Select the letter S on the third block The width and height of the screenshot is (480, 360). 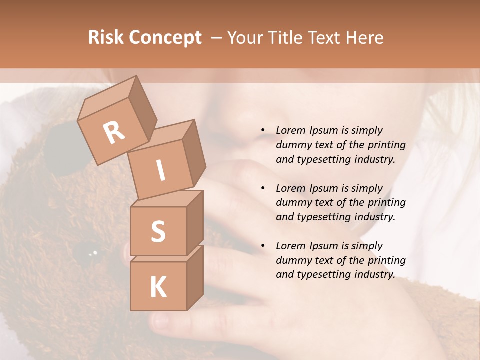[158, 231]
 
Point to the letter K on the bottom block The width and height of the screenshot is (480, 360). [158, 287]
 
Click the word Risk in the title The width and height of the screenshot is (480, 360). [106, 38]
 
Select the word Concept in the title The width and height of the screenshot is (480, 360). [165, 38]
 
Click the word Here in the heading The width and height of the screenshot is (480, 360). [365, 38]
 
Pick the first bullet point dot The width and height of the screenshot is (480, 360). [263, 130]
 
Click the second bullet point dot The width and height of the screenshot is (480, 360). [263, 188]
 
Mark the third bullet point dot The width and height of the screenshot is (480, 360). [263, 246]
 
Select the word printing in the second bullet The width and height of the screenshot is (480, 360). [386, 202]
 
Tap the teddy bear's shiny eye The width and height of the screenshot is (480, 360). [93, 253]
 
